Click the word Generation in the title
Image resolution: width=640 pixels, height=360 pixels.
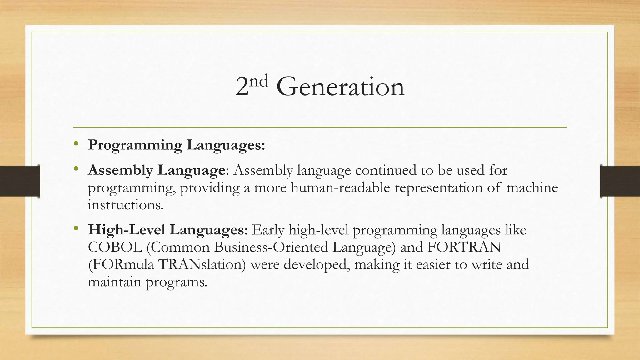point(340,87)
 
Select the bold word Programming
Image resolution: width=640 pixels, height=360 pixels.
point(135,145)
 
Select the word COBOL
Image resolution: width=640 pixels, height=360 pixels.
point(115,247)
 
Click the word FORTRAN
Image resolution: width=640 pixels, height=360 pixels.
point(464,247)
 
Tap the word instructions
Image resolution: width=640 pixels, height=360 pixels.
point(125,205)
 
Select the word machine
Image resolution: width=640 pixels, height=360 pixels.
point(532,188)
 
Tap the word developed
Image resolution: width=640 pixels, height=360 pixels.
point(316,265)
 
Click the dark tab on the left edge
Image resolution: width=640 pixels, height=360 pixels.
point(20,181)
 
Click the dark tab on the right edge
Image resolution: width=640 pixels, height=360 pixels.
point(620,181)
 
